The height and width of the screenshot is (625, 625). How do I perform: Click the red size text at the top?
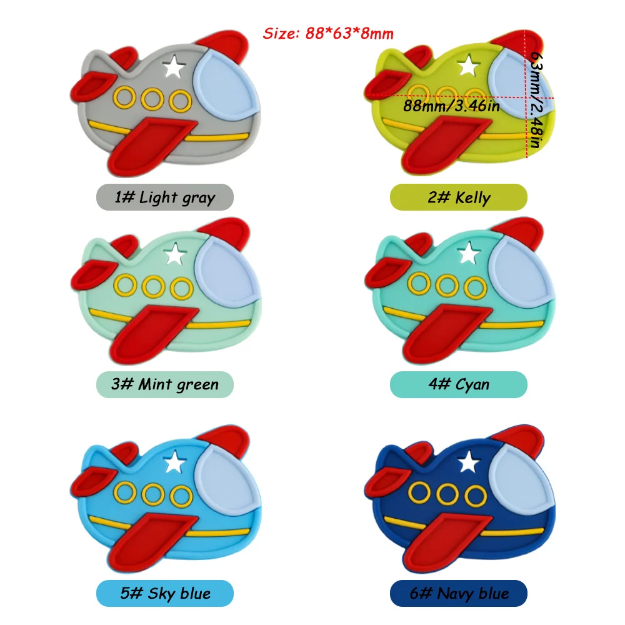click(x=328, y=32)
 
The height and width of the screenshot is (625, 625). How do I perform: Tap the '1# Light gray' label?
click(x=164, y=197)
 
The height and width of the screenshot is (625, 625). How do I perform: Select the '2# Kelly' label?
click(x=459, y=197)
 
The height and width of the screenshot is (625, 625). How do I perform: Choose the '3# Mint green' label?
click(x=164, y=384)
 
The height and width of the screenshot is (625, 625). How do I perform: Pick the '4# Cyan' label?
click(x=459, y=384)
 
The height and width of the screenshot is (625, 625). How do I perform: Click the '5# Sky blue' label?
click(x=164, y=592)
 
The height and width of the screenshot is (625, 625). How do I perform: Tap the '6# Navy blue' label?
click(x=459, y=592)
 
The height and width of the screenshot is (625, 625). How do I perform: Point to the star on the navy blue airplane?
click(x=467, y=463)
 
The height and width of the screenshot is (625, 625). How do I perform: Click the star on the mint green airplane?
click(x=176, y=254)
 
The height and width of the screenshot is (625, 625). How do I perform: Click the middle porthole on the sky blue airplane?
click(x=152, y=495)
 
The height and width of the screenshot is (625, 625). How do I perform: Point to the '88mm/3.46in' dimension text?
click(x=452, y=106)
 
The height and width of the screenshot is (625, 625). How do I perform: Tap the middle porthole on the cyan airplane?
click(x=447, y=286)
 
